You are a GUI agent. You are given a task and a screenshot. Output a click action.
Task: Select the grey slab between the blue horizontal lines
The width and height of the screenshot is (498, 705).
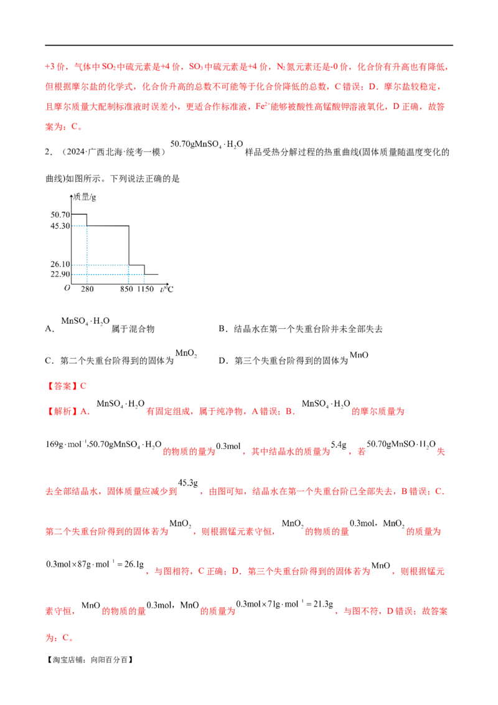tap(106, 270)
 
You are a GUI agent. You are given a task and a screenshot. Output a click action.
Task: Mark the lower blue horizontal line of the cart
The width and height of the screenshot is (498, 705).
tap(112, 273)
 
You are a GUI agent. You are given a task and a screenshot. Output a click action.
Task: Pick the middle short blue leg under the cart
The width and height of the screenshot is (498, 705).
tap(128, 278)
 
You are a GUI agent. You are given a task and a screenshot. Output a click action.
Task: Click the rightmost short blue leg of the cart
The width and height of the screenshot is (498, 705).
tap(144, 280)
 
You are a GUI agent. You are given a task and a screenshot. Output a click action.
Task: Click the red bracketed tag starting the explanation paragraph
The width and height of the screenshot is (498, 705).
tap(62, 411)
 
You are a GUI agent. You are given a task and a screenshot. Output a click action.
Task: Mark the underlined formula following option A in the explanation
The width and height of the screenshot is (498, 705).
tap(118, 406)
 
